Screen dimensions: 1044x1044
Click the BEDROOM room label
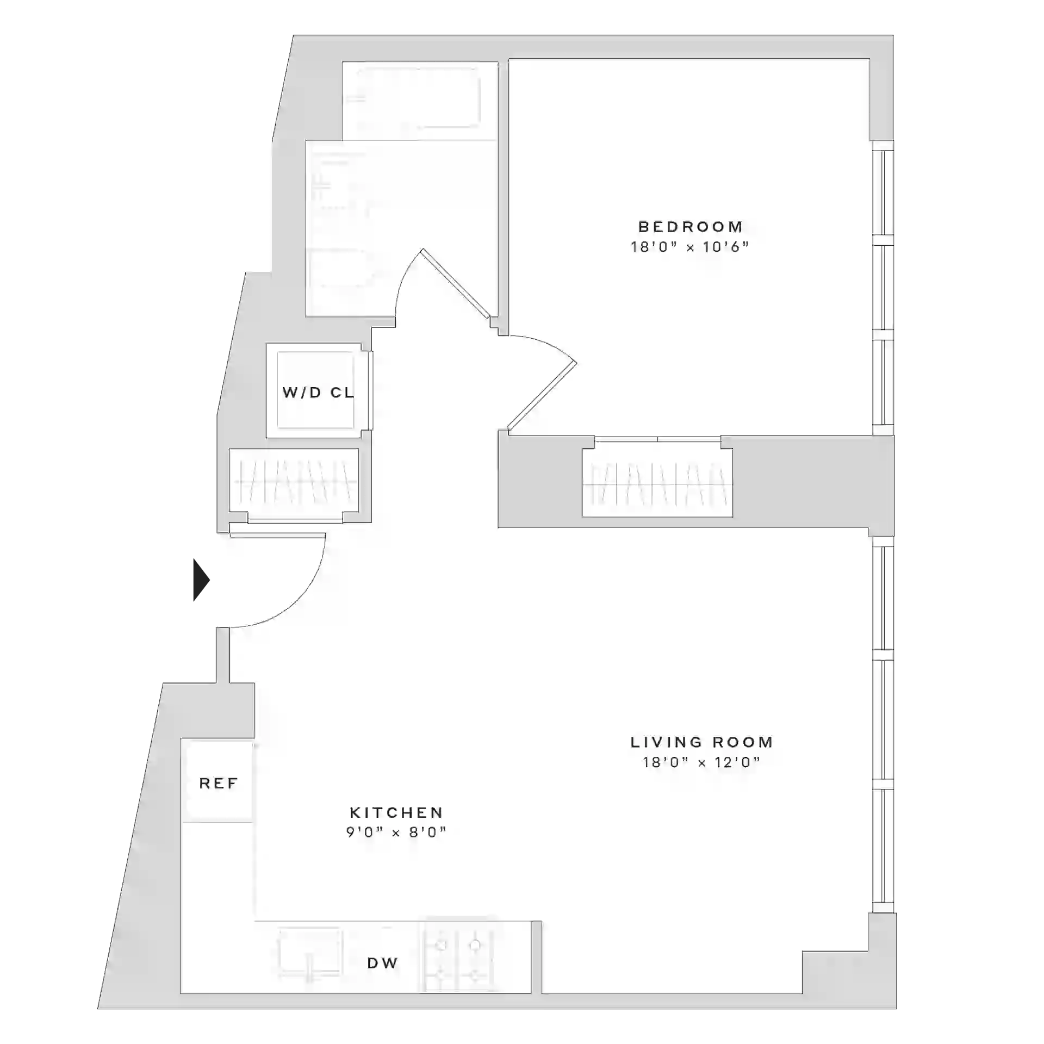690,226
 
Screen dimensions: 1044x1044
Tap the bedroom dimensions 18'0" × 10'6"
689,247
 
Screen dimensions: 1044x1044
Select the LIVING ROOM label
701,742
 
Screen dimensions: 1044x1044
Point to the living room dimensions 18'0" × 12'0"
701,762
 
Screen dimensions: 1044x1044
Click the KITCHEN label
396,812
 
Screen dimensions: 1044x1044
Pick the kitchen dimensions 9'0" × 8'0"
396,832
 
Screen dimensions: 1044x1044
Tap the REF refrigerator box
218,782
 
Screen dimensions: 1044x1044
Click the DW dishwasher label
383,963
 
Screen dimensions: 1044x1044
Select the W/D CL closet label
318,392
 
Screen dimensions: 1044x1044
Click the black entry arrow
202,580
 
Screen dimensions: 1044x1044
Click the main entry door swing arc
304,598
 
